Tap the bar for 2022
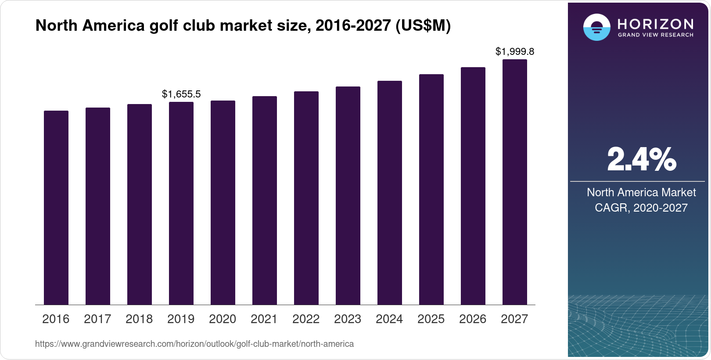coord(306,198)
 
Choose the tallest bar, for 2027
coord(515,182)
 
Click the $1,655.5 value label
coord(181,94)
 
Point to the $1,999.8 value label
coord(515,52)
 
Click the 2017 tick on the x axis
coord(97,319)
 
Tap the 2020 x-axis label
coord(223,319)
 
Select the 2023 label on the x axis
coord(348,319)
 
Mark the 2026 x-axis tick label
coord(473,319)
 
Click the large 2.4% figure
coord(641,160)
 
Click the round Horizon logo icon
coord(596,27)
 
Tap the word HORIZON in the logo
coord(655,24)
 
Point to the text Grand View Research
coord(655,35)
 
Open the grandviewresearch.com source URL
coord(194,344)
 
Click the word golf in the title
coord(162,26)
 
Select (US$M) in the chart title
coord(423,26)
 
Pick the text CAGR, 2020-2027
coord(641,208)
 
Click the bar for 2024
coord(390,193)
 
